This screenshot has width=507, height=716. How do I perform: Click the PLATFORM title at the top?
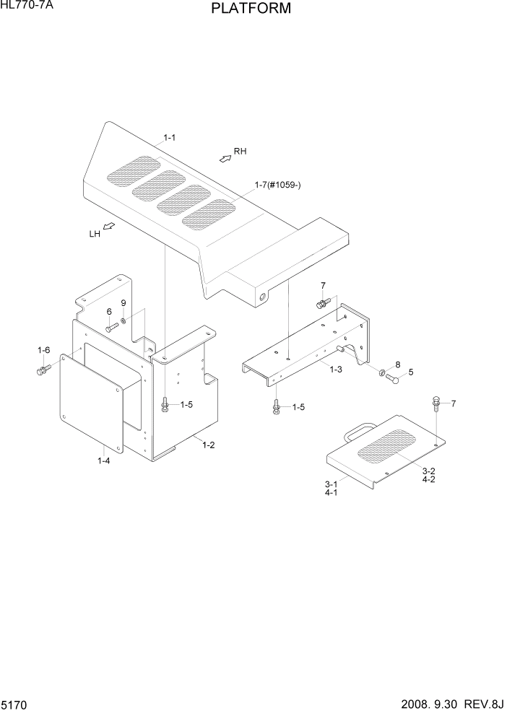tap(251, 9)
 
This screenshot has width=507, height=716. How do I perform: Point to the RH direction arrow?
tap(225, 157)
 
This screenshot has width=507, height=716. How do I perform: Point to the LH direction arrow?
tap(108, 227)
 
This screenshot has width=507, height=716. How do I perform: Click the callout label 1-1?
tap(170, 137)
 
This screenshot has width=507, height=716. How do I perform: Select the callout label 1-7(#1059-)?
tap(277, 185)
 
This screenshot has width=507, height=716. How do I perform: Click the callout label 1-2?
tap(208, 445)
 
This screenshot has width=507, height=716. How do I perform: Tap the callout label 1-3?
tap(336, 369)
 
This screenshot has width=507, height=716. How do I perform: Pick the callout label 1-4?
tap(104, 460)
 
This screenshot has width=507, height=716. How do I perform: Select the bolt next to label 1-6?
tap(41, 370)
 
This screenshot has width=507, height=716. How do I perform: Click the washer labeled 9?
tap(124, 320)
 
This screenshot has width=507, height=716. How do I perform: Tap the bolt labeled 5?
tap(393, 377)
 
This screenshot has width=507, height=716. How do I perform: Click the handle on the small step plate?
tap(360, 432)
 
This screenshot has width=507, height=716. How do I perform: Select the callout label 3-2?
tap(428, 470)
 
